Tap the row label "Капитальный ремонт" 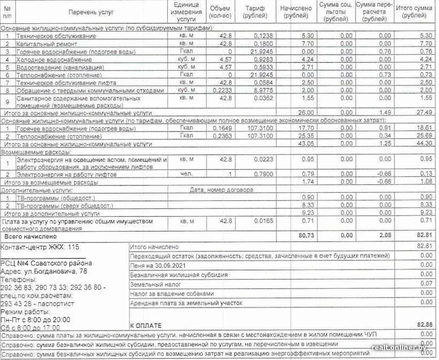(x=47, y=43)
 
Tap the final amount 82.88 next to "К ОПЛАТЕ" (x=424, y=325)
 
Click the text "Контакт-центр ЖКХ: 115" (x=40, y=247)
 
